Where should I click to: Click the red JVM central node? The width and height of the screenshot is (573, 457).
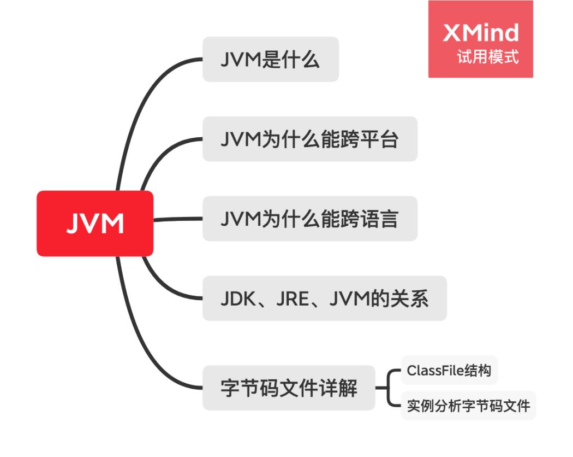[95, 224]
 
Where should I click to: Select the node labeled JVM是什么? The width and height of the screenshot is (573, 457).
[271, 60]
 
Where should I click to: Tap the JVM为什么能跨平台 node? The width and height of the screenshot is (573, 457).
[309, 139]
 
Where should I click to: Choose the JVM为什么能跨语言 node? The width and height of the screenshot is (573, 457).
[309, 219]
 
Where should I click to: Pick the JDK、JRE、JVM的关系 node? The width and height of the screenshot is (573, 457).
[324, 298]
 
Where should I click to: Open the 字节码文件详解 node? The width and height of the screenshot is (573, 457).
[289, 388]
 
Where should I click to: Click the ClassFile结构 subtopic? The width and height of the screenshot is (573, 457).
[449, 371]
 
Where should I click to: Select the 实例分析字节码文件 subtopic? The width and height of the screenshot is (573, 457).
[468, 406]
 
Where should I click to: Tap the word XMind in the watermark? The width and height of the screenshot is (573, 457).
[480, 33]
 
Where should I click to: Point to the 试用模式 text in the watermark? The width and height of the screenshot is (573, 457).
[488, 57]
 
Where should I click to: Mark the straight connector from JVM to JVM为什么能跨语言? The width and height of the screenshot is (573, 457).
[178, 219]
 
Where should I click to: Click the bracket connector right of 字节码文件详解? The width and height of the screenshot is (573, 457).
[389, 388]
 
